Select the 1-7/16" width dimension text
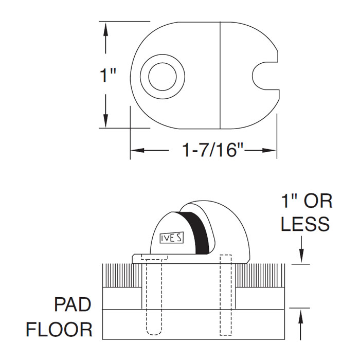(x=212, y=150)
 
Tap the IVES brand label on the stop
(x=170, y=239)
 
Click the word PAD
(x=73, y=304)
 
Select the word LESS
(x=305, y=224)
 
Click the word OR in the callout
(x=318, y=201)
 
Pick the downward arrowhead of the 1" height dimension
(x=106, y=120)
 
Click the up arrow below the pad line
(x=302, y=316)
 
